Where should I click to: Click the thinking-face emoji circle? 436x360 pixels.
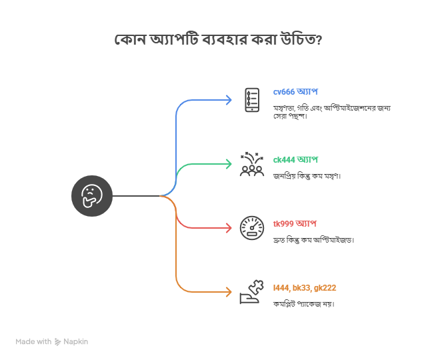coord(92,196)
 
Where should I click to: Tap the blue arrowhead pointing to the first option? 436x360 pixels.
coord(229,100)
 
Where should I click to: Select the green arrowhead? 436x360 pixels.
coord(229,164)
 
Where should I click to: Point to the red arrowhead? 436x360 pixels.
coord(229,228)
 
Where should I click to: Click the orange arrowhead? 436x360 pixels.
coord(229,292)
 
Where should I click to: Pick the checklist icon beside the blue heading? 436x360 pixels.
coord(252,100)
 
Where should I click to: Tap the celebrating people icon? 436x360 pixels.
coord(251,164)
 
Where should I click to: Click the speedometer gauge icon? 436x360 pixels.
coord(251,227)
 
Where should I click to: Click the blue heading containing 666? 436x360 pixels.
coord(295,91)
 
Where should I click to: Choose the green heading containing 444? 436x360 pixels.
coord(295,159)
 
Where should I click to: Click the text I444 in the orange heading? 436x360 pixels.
coord(281,288)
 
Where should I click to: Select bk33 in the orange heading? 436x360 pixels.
coord(301,288)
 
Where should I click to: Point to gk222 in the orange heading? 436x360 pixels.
coord(325,288)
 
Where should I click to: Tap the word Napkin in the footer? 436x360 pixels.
coord(77,341)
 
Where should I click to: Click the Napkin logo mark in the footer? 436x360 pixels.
coord(58,341)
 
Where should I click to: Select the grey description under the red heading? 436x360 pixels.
coord(313,239)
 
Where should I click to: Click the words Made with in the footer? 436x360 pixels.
coord(33,341)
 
